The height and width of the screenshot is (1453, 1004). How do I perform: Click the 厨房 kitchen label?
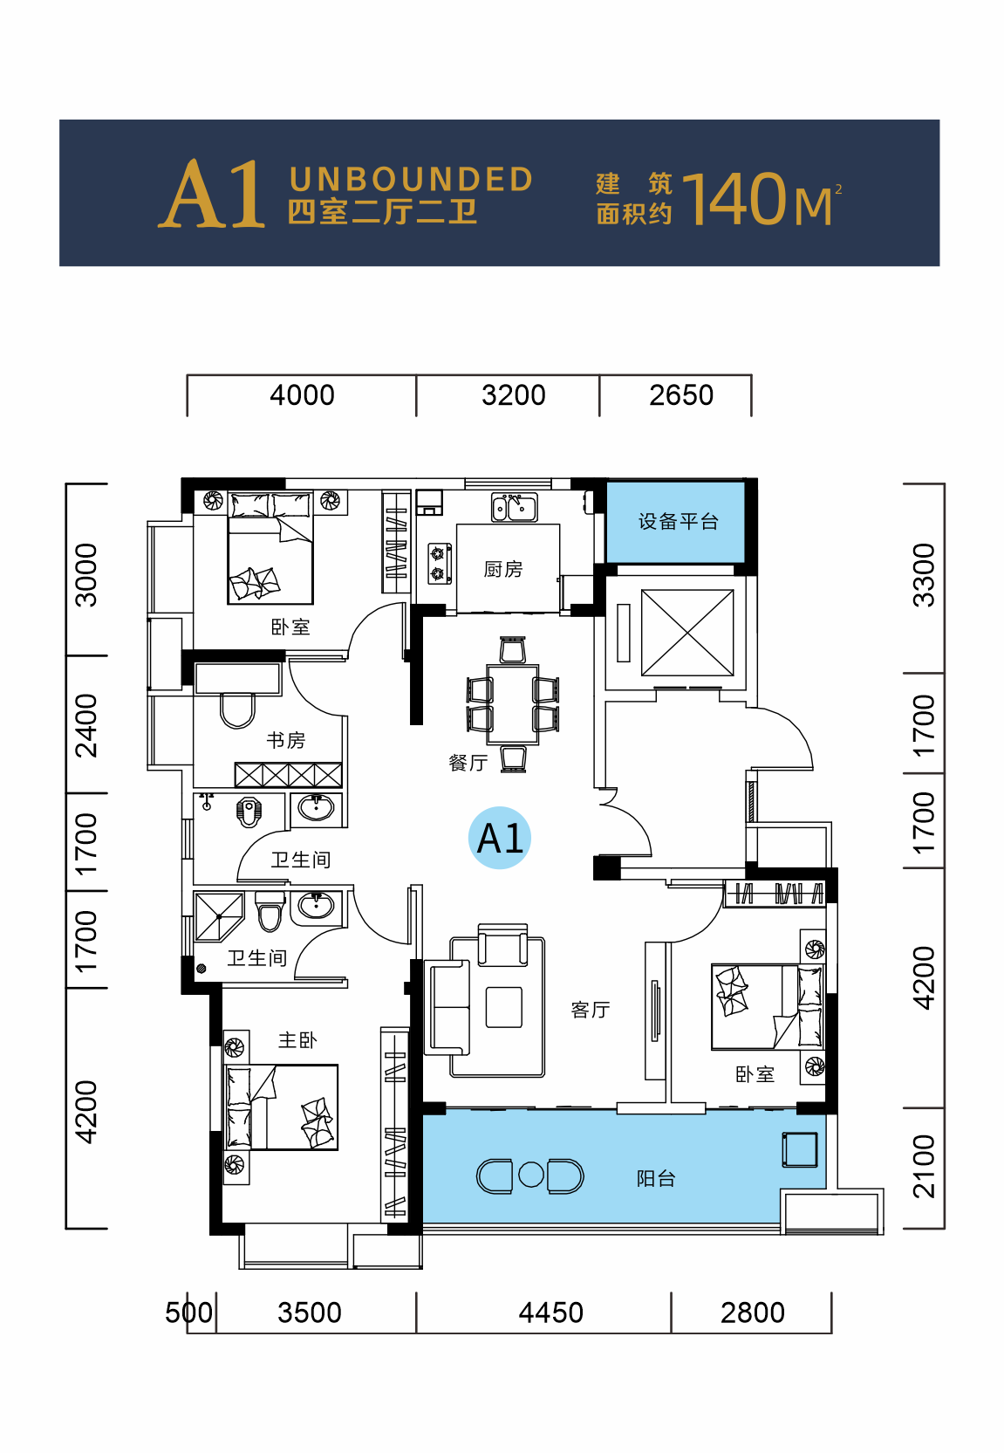pos(502,569)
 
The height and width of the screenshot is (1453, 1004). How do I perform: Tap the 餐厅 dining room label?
pos(468,762)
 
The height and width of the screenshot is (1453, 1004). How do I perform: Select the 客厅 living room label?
pos(591,1010)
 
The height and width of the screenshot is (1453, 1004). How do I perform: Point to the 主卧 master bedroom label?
pos(297,1040)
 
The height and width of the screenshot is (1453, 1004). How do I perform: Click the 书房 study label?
pos(286,739)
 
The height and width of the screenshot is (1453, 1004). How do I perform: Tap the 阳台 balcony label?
pos(656,1178)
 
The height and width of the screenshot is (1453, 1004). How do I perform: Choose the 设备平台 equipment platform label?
pos(679,521)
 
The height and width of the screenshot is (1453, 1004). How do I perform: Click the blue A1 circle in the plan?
pos(500,838)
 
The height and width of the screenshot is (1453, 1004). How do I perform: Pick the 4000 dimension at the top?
pos(302,395)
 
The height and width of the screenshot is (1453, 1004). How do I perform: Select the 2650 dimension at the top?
pos(681,395)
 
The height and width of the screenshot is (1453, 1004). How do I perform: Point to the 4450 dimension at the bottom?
pos(550,1312)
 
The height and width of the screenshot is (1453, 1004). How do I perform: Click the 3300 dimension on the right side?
pos(924,575)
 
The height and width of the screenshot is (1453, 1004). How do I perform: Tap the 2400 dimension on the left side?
pos(85,726)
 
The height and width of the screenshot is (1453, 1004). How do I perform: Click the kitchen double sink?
pos(515,507)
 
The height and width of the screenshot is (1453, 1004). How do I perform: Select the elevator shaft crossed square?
pos(687,633)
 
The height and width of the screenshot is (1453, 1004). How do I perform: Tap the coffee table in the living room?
pos(504,1007)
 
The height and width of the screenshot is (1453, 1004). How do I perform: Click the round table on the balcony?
pos(531,1175)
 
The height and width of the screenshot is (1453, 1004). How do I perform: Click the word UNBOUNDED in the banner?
pos(411,179)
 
